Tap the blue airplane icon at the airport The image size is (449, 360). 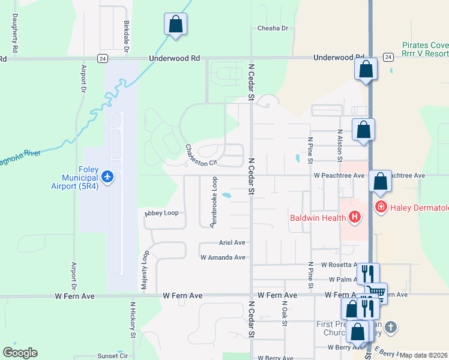click(x=107, y=177)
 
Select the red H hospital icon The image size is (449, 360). click(x=355, y=217)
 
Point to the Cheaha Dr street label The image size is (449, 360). click(x=273, y=28)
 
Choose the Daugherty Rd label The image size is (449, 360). click(x=14, y=32)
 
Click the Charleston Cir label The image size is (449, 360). click(x=200, y=155)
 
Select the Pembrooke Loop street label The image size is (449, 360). click(x=213, y=202)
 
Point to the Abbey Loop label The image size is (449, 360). click(x=162, y=212)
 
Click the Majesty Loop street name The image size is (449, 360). click(x=145, y=271)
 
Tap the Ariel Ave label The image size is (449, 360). click(x=231, y=243)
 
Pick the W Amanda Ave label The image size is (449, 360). click(x=223, y=257)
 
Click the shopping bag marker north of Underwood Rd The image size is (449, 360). click(x=175, y=25)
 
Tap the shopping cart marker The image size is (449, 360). click(x=376, y=293)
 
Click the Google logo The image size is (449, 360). click(x=19, y=353)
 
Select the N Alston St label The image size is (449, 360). click(x=340, y=146)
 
